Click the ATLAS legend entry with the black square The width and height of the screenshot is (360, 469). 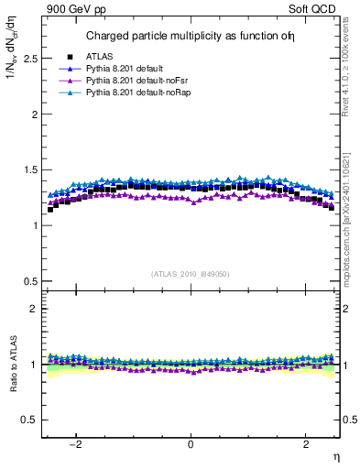pyautogui.click(x=103, y=56)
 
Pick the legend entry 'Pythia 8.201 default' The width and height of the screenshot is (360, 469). pyautogui.click(x=131, y=68)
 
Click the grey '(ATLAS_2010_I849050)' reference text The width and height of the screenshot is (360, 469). pyautogui.click(x=191, y=273)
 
